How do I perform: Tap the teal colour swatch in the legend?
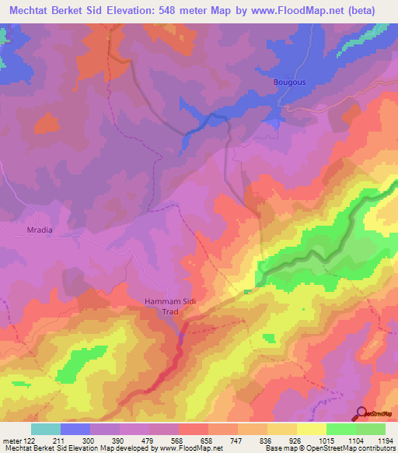coord(46,429)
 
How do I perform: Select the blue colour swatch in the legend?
coord(75,429)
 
